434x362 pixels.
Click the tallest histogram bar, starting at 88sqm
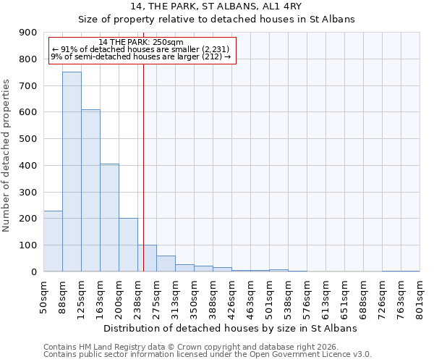pos(72,172)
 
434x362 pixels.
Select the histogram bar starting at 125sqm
pos(90,190)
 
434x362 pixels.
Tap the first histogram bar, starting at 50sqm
pos(53,241)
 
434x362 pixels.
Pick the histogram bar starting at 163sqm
pos(109,217)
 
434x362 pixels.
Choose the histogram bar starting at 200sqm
pos(128,245)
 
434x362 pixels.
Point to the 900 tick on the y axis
pos(28,33)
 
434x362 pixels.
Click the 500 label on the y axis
pos(28,139)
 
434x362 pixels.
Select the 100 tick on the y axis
pos(28,245)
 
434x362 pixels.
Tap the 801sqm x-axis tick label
pos(420,296)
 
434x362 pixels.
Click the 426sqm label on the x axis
pos(231,296)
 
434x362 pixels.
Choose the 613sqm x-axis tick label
pos(325,296)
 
